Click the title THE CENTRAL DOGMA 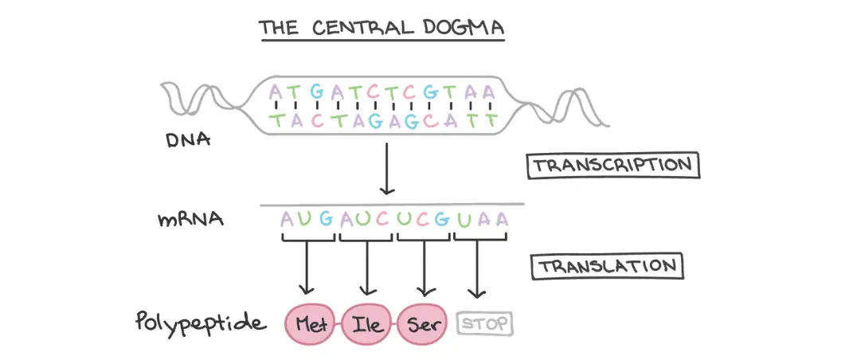click(381, 29)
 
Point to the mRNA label click(190, 218)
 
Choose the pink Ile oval click(366, 324)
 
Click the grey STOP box click(484, 324)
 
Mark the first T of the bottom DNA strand click(276, 121)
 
